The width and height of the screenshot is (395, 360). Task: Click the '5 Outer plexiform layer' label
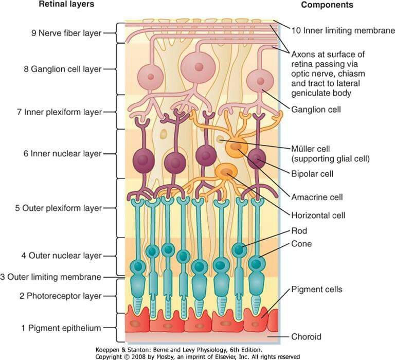click(58, 208)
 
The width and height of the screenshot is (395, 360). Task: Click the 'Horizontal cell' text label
click(318, 215)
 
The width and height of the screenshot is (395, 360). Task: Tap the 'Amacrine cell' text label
click(317, 196)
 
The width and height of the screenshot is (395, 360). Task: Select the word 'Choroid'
click(306, 337)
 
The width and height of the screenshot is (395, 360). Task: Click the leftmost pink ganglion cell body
click(150, 76)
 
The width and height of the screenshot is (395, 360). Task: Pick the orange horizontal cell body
click(225, 171)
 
